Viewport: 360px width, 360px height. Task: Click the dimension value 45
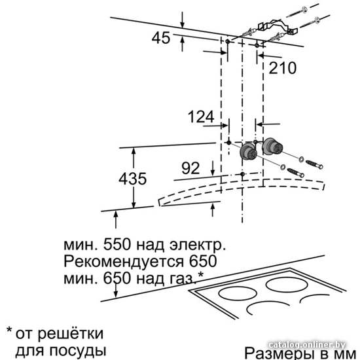tap(161, 38)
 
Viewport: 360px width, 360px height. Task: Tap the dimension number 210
tap(282, 67)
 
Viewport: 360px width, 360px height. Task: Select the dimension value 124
tap(201, 117)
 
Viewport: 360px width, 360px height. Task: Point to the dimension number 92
tap(190, 168)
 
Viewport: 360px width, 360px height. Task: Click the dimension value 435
tap(132, 179)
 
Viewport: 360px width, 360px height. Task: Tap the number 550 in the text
tap(117, 244)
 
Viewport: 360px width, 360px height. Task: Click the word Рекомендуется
tap(124, 262)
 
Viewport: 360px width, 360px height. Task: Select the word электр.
tap(198, 245)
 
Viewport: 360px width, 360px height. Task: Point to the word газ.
tap(183, 279)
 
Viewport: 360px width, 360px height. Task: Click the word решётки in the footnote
tap(71, 333)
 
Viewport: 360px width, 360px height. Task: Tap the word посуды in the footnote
tap(78, 351)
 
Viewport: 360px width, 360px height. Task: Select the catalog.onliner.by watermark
tap(306, 345)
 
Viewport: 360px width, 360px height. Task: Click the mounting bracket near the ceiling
tap(278, 26)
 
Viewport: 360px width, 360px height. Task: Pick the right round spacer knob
tap(272, 146)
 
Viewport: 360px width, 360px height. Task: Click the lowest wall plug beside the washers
tap(296, 173)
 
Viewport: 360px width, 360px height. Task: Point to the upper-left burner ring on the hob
tap(238, 293)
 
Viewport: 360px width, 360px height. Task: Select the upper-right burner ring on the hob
tap(287, 285)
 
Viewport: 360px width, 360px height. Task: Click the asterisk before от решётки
tap(9, 330)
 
